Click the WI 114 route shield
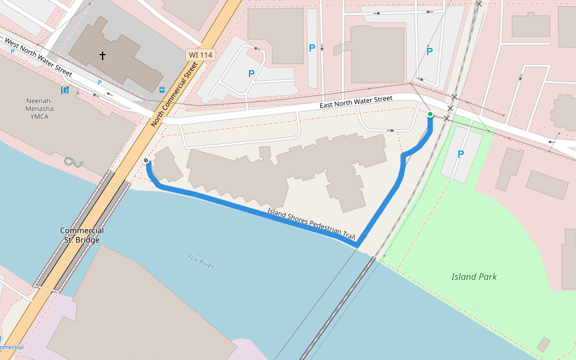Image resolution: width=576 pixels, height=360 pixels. click(x=201, y=55)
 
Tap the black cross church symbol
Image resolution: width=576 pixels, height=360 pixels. click(x=103, y=56)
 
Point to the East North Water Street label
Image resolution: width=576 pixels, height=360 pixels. click(x=356, y=103)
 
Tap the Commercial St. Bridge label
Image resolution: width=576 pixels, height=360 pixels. click(x=82, y=235)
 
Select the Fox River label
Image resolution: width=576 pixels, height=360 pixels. click(x=201, y=262)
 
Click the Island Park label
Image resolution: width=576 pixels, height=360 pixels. click(x=474, y=277)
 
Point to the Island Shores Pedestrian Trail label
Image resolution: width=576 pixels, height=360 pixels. click(x=311, y=223)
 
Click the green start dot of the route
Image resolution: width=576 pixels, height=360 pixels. click(x=430, y=114)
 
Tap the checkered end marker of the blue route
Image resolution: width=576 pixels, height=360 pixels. click(x=146, y=161)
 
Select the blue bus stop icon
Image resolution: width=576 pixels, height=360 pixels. click(x=162, y=90)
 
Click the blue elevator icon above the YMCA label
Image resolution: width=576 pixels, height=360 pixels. click(x=65, y=90)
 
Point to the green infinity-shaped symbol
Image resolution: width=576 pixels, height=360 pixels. click(x=73, y=161)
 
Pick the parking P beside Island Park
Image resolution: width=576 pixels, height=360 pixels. click(x=461, y=154)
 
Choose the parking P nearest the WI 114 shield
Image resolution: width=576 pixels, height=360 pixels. click(x=251, y=74)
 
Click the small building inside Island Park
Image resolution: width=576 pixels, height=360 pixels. click(x=544, y=344)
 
